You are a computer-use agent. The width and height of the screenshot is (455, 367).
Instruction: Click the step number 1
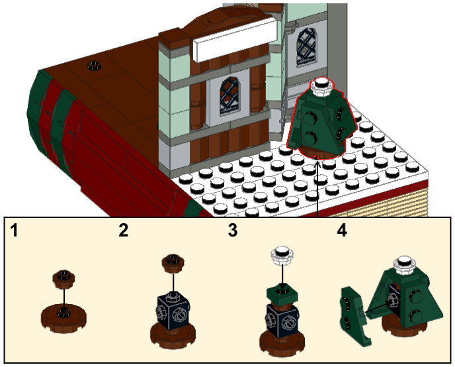point(14,230)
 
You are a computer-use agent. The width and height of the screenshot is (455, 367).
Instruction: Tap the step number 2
point(123,230)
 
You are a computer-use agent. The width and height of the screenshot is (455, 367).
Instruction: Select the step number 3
point(232,230)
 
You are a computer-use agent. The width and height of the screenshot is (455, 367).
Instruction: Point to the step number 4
point(342,230)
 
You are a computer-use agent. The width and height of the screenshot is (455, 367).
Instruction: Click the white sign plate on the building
point(235,40)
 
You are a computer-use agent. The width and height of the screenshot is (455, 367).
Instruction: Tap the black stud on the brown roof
point(94,66)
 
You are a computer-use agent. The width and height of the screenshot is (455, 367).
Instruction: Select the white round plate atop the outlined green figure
point(321,86)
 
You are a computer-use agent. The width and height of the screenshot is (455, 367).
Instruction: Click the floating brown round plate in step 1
point(64,279)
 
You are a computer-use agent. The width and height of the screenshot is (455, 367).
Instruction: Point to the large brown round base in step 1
point(64,318)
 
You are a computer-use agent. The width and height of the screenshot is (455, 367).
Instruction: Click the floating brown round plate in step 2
point(173,263)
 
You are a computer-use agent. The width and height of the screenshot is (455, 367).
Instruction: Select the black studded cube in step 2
point(173,312)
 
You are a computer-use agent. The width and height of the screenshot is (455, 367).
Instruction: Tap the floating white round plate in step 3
point(282,255)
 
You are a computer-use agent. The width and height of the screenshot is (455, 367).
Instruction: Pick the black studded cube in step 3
point(282,320)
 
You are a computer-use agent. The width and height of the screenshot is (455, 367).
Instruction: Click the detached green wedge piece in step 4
point(354,316)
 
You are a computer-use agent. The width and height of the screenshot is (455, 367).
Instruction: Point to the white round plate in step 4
point(405,265)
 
